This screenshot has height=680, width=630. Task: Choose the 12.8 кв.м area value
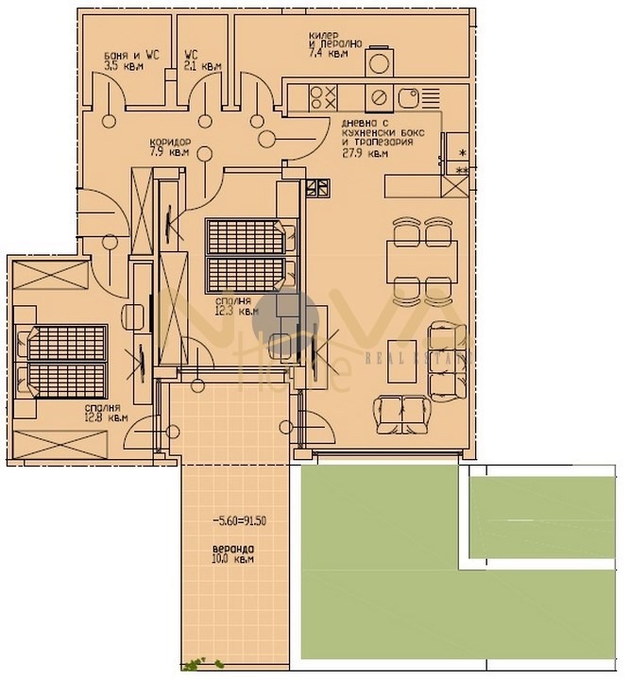click(x=105, y=416)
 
